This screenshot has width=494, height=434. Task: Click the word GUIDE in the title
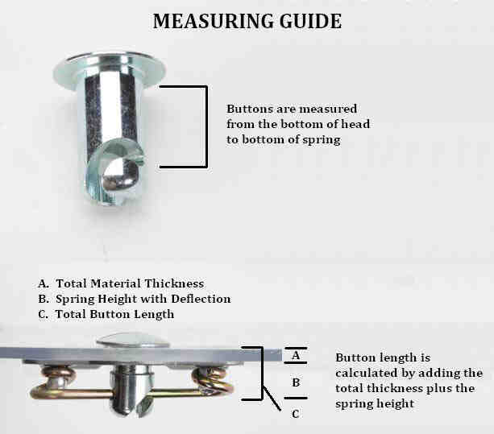[x=308, y=22]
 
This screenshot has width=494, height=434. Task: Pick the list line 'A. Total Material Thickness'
[x=121, y=283]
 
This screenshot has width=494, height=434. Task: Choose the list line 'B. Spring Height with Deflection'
[x=134, y=299]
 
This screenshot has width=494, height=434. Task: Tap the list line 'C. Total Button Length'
[x=106, y=314]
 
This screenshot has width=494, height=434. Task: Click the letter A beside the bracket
[x=296, y=354]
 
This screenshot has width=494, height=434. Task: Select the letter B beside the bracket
[x=296, y=382]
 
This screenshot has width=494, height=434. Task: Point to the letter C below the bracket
[x=296, y=414]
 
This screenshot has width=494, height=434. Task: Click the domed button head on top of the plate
[x=133, y=339]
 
